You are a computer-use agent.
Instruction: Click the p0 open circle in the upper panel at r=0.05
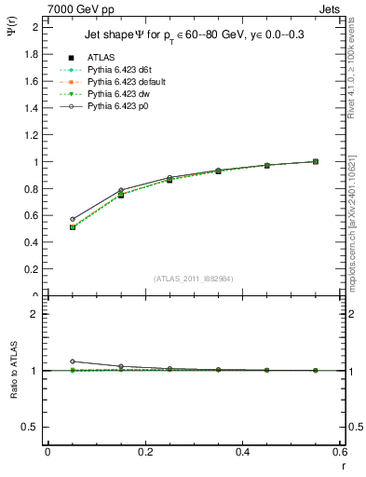click(73, 219)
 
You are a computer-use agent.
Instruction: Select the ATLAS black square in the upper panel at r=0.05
click(73, 227)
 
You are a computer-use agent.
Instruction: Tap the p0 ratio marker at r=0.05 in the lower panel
click(73, 361)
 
